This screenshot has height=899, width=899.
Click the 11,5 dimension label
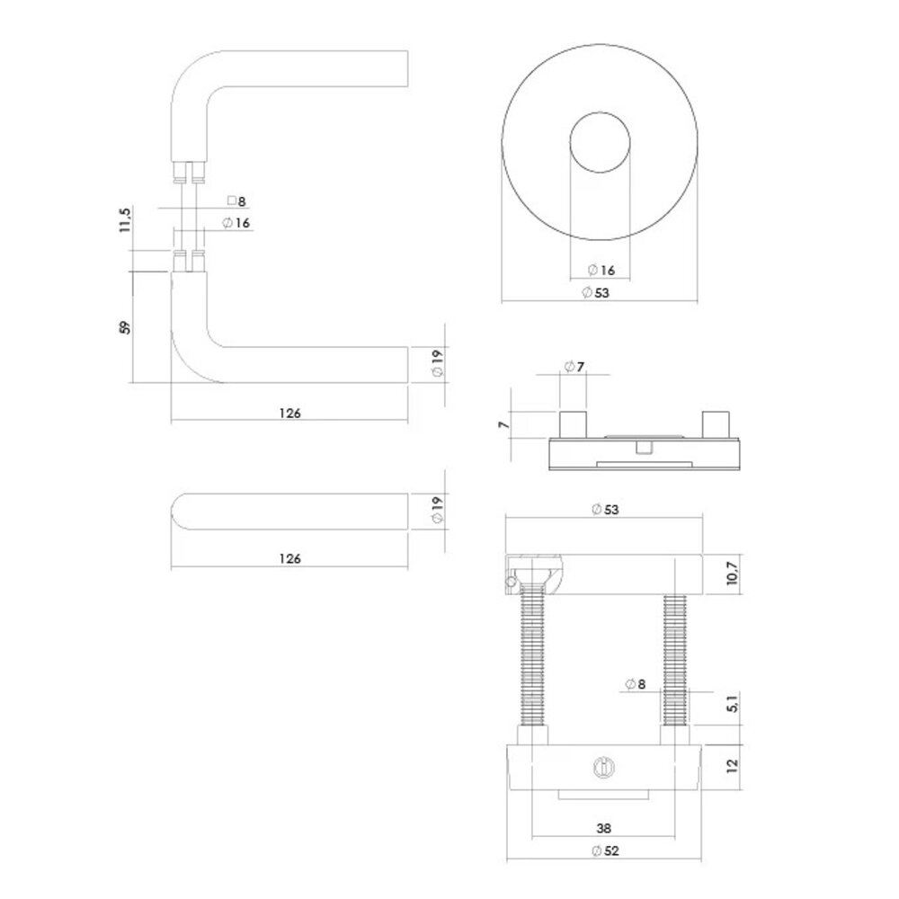tap(125, 220)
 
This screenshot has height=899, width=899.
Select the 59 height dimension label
tap(125, 325)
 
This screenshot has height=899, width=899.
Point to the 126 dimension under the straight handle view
tap(289, 558)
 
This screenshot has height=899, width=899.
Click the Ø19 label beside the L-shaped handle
tap(436, 364)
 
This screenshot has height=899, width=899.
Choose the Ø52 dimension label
tap(604, 851)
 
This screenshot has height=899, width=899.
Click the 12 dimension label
tap(733, 766)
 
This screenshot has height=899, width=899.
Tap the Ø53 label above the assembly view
tap(605, 510)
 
